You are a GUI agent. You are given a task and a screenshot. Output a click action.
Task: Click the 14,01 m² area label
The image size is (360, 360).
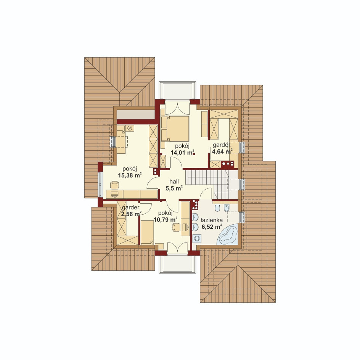pos(183,153)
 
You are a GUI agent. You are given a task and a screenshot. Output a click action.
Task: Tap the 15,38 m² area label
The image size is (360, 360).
pos(130,176)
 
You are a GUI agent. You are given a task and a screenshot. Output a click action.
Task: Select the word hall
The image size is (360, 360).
pos(174,182)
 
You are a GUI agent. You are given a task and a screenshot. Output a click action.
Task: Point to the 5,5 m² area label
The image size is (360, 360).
pos(174,188)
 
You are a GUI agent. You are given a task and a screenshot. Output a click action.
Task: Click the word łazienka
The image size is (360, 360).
pos(211,220)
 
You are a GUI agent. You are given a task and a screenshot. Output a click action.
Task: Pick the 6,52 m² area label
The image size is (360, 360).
pos(211,227)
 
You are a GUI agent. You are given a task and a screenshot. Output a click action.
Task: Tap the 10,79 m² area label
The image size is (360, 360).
pos(165,220)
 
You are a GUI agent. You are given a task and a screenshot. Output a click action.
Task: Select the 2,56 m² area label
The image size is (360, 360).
pos(131,214)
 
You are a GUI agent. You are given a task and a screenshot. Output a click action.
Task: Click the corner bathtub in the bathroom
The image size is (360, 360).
pos(228,235)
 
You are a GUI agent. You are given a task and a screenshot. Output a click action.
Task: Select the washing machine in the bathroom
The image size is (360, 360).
pos(197,239)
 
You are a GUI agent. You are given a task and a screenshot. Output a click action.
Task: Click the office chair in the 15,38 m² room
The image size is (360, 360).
pos(114,185)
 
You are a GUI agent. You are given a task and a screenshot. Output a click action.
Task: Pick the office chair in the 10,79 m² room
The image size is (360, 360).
pos(176,227)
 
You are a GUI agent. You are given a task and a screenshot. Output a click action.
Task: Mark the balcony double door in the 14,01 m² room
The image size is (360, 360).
pos(177,109)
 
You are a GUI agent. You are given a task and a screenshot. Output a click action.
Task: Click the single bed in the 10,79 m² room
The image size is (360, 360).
pos(147,232)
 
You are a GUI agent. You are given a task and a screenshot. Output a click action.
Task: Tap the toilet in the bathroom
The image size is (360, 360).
pos(217,208)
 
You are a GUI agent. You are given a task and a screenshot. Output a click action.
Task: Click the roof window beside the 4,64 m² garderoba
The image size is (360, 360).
pos(242,148)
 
